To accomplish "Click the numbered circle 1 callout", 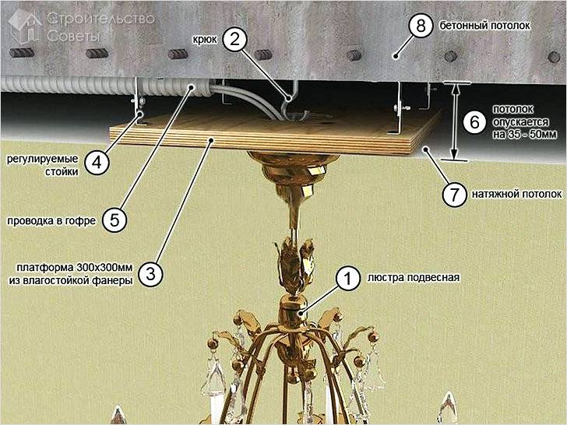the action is tap(347, 279).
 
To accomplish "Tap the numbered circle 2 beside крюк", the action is tap(234, 39).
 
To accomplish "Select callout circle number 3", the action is tap(150, 274).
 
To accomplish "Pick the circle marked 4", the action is tap(97, 163).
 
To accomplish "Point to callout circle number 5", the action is tap(114, 220).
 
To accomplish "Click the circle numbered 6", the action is tap(474, 122).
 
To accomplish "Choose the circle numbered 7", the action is tap(455, 194).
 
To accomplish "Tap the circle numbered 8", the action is tap(421, 26).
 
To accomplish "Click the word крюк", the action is tap(205, 40).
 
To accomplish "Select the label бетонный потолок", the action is tap(485, 26).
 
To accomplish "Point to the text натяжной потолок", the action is tap(516, 194).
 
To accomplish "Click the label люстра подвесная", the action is tap(414, 278).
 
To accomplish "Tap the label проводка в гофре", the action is tap(51, 220).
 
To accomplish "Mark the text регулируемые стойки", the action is tap(43, 165).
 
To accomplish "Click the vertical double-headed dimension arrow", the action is tap(455, 121).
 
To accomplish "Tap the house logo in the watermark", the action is tap(25, 26).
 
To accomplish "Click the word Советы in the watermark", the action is tap(73, 36).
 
